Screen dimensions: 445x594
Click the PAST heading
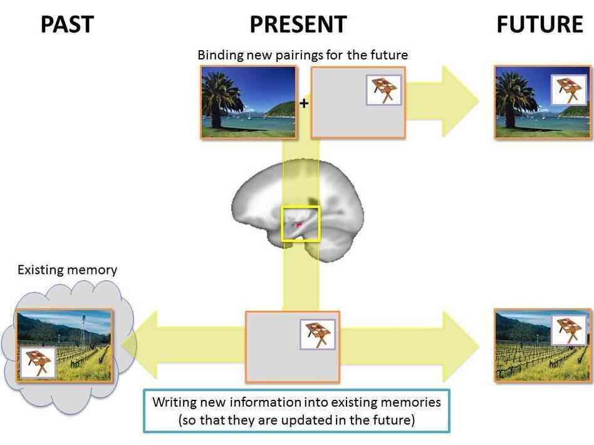[x=67, y=24]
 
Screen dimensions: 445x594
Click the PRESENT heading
[x=298, y=24]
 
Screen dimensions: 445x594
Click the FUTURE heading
[x=539, y=24]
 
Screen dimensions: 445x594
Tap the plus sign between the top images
[x=304, y=103]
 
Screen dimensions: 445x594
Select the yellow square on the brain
[x=301, y=223]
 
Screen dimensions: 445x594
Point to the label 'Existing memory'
[x=67, y=270]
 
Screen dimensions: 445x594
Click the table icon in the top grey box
[x=382, y=90]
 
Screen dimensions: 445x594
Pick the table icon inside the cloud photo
[x=38, y=362]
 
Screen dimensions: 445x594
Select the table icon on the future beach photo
[x=568, y=90]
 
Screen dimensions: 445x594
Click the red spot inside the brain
[x=299, y=224]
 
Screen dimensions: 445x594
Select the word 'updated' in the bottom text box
[x=338, y=420]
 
